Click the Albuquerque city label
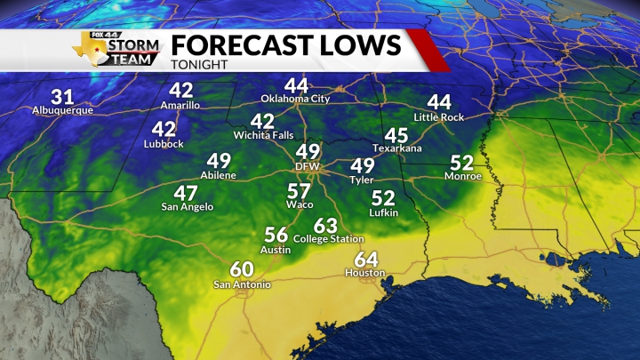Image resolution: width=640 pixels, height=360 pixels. [x=62, y=111]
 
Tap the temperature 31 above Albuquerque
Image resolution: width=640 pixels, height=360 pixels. [x=62, y=97]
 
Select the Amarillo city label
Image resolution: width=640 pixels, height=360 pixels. [x=181, y=105]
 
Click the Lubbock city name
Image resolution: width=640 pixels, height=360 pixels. [x=164, y=144]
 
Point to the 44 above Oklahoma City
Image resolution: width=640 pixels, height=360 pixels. [x=296, y=85]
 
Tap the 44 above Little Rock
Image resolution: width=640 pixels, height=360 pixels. [x=439, y=102]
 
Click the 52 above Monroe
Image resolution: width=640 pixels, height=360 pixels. [x=462, y=163]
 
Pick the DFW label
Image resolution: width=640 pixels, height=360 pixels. [x=308, y=166]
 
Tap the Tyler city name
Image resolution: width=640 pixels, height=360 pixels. [x=362, y=180]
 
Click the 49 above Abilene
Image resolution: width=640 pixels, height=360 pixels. [x=219, y=161]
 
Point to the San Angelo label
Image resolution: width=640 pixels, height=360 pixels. [x=187, y=206]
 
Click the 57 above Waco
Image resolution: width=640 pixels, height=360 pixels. [x=299, y=191]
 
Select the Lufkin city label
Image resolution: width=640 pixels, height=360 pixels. [x=383, y=212]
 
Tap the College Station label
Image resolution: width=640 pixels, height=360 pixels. [x=329, y=239]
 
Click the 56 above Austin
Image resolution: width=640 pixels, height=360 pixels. [x=276, y=235]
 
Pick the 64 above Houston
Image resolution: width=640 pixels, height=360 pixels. [x=365, y=259]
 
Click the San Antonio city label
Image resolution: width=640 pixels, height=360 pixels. [x=242, y=284]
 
